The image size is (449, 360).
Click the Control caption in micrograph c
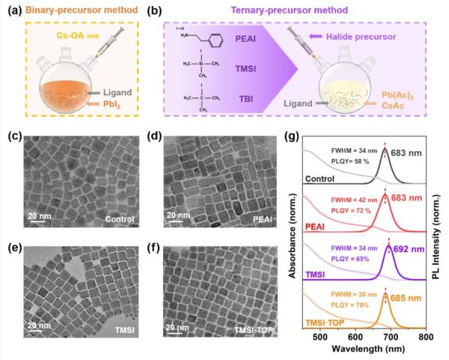point(119,219)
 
